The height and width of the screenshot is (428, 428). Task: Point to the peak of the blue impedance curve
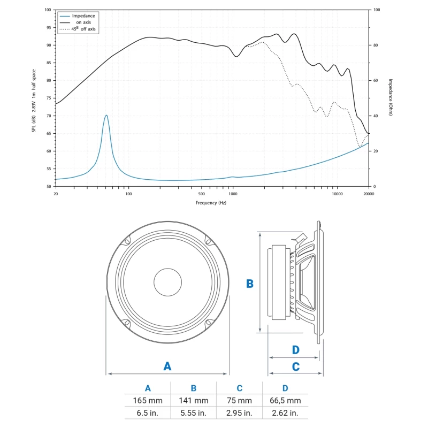click(106, 116)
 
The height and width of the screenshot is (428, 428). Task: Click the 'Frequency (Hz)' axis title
click(211, 203)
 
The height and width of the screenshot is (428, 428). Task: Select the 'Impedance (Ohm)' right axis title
click(391, 97)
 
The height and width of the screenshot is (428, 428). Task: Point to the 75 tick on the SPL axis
click(49, 98)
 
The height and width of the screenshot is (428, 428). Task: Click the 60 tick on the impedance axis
click(375, 80)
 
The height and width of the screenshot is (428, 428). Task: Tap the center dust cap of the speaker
click(168, 282)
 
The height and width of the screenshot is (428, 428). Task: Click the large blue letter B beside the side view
click(249, 284)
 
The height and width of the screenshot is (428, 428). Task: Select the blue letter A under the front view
click(167, 366)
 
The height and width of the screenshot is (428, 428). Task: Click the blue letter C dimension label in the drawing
click(295, 366)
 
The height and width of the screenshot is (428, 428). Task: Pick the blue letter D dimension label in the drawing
click(295, 350)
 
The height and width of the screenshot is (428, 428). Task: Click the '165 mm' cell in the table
click(148, 401)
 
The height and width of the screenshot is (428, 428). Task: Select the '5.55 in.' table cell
click(194, 413)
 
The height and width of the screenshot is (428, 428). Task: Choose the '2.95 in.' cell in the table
click(239, 413)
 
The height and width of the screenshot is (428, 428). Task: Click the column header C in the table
click(239, 388)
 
